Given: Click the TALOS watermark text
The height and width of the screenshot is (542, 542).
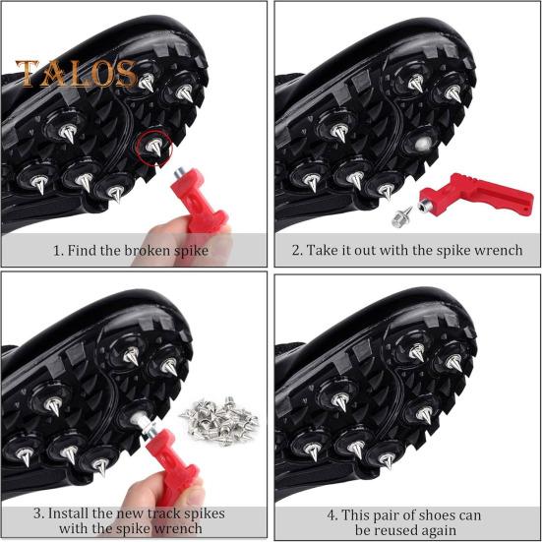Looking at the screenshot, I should point(76,72).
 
